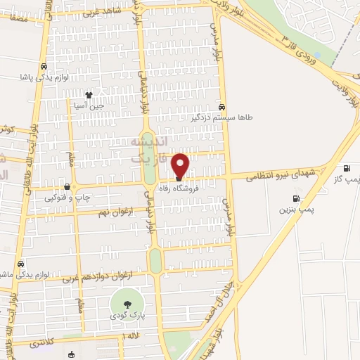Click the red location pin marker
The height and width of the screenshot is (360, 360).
point(180,166)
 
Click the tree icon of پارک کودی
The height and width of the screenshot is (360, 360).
point(127,304)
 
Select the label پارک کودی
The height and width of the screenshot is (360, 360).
point(127,316)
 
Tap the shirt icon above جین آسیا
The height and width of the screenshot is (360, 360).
point(89,94)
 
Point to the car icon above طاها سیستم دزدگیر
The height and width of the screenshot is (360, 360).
point(222,107)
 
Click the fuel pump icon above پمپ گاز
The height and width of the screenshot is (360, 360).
point(347,168)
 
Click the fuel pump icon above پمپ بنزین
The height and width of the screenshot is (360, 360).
point(296,198)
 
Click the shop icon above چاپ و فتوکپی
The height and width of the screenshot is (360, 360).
point(67,187)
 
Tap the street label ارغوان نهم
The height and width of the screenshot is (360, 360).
point(112,211)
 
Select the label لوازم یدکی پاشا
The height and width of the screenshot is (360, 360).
point(45,76)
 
